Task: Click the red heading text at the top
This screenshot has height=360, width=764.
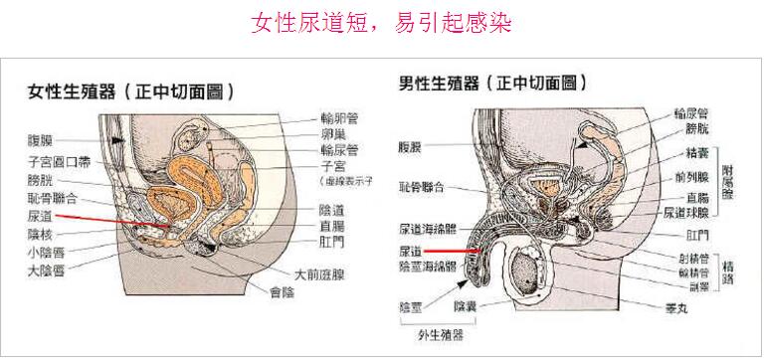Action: tap(382, 23)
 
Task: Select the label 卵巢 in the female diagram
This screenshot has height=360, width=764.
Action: tap(333, 134)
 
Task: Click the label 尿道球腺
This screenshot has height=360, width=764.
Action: tap(685, 212)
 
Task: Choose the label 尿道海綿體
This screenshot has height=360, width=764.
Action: tap(427, 229)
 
